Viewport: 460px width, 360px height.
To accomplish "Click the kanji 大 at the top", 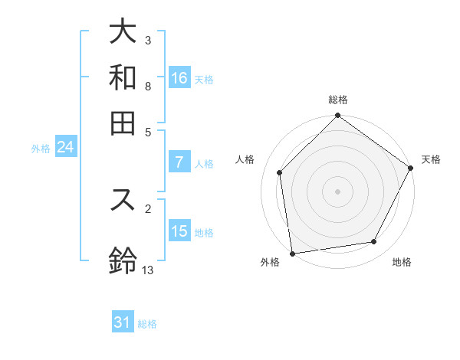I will point(123,32).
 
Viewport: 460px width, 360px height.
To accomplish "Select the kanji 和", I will point(123,77).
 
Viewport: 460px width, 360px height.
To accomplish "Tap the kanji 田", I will point(123,123).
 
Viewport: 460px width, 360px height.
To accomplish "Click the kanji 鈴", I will point(123,260).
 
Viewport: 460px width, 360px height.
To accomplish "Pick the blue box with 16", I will point(179,78).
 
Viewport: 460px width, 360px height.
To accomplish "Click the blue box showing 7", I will point(179,162).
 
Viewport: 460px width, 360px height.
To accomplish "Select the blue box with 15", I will point(179,231).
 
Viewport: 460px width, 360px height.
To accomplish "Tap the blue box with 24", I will point(65,147).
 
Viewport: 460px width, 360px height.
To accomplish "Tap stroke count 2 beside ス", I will point(148,208).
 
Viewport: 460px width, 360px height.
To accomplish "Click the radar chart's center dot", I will point(337,191).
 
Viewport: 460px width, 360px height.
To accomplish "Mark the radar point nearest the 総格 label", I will point(337,116).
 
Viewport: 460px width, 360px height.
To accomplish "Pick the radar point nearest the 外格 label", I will point(292,253).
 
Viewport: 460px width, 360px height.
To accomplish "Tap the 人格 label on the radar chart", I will point(245,159).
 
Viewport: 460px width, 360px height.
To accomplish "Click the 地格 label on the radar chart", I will point(402,263).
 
